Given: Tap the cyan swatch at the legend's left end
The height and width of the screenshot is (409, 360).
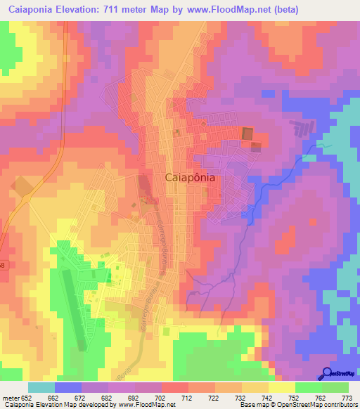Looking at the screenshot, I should pos(41,387).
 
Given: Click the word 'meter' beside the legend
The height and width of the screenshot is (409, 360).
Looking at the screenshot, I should pos(10,398).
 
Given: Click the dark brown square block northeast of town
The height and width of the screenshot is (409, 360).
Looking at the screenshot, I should pos(247,134).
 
